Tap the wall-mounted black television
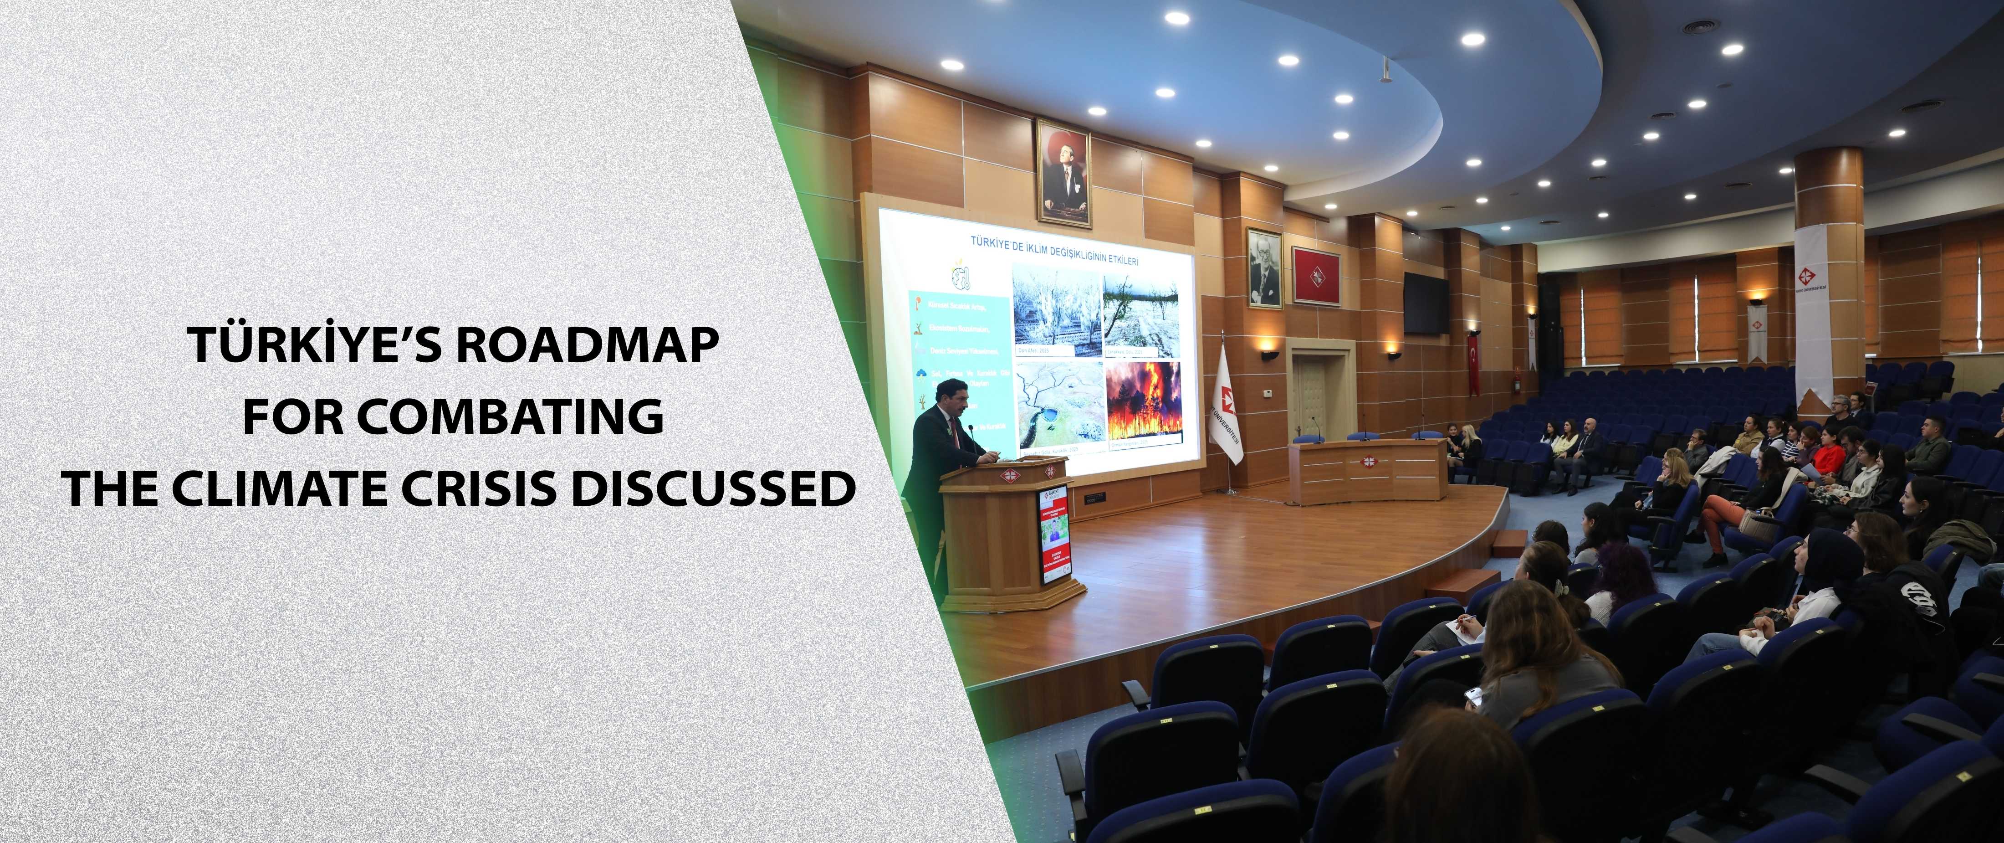coord(1426,301)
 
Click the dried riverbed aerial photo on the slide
coord(1057,406)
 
